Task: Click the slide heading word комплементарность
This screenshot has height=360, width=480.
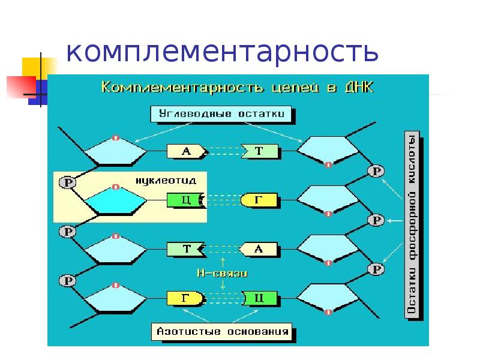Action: point(222,52)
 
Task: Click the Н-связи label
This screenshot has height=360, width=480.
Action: point(223,272)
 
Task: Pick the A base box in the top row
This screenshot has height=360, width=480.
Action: point(185,152)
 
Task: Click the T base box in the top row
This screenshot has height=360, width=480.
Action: point(260,152)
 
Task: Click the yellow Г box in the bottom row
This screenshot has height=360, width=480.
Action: point(185,298)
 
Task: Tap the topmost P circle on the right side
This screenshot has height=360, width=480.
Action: point(376,172)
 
